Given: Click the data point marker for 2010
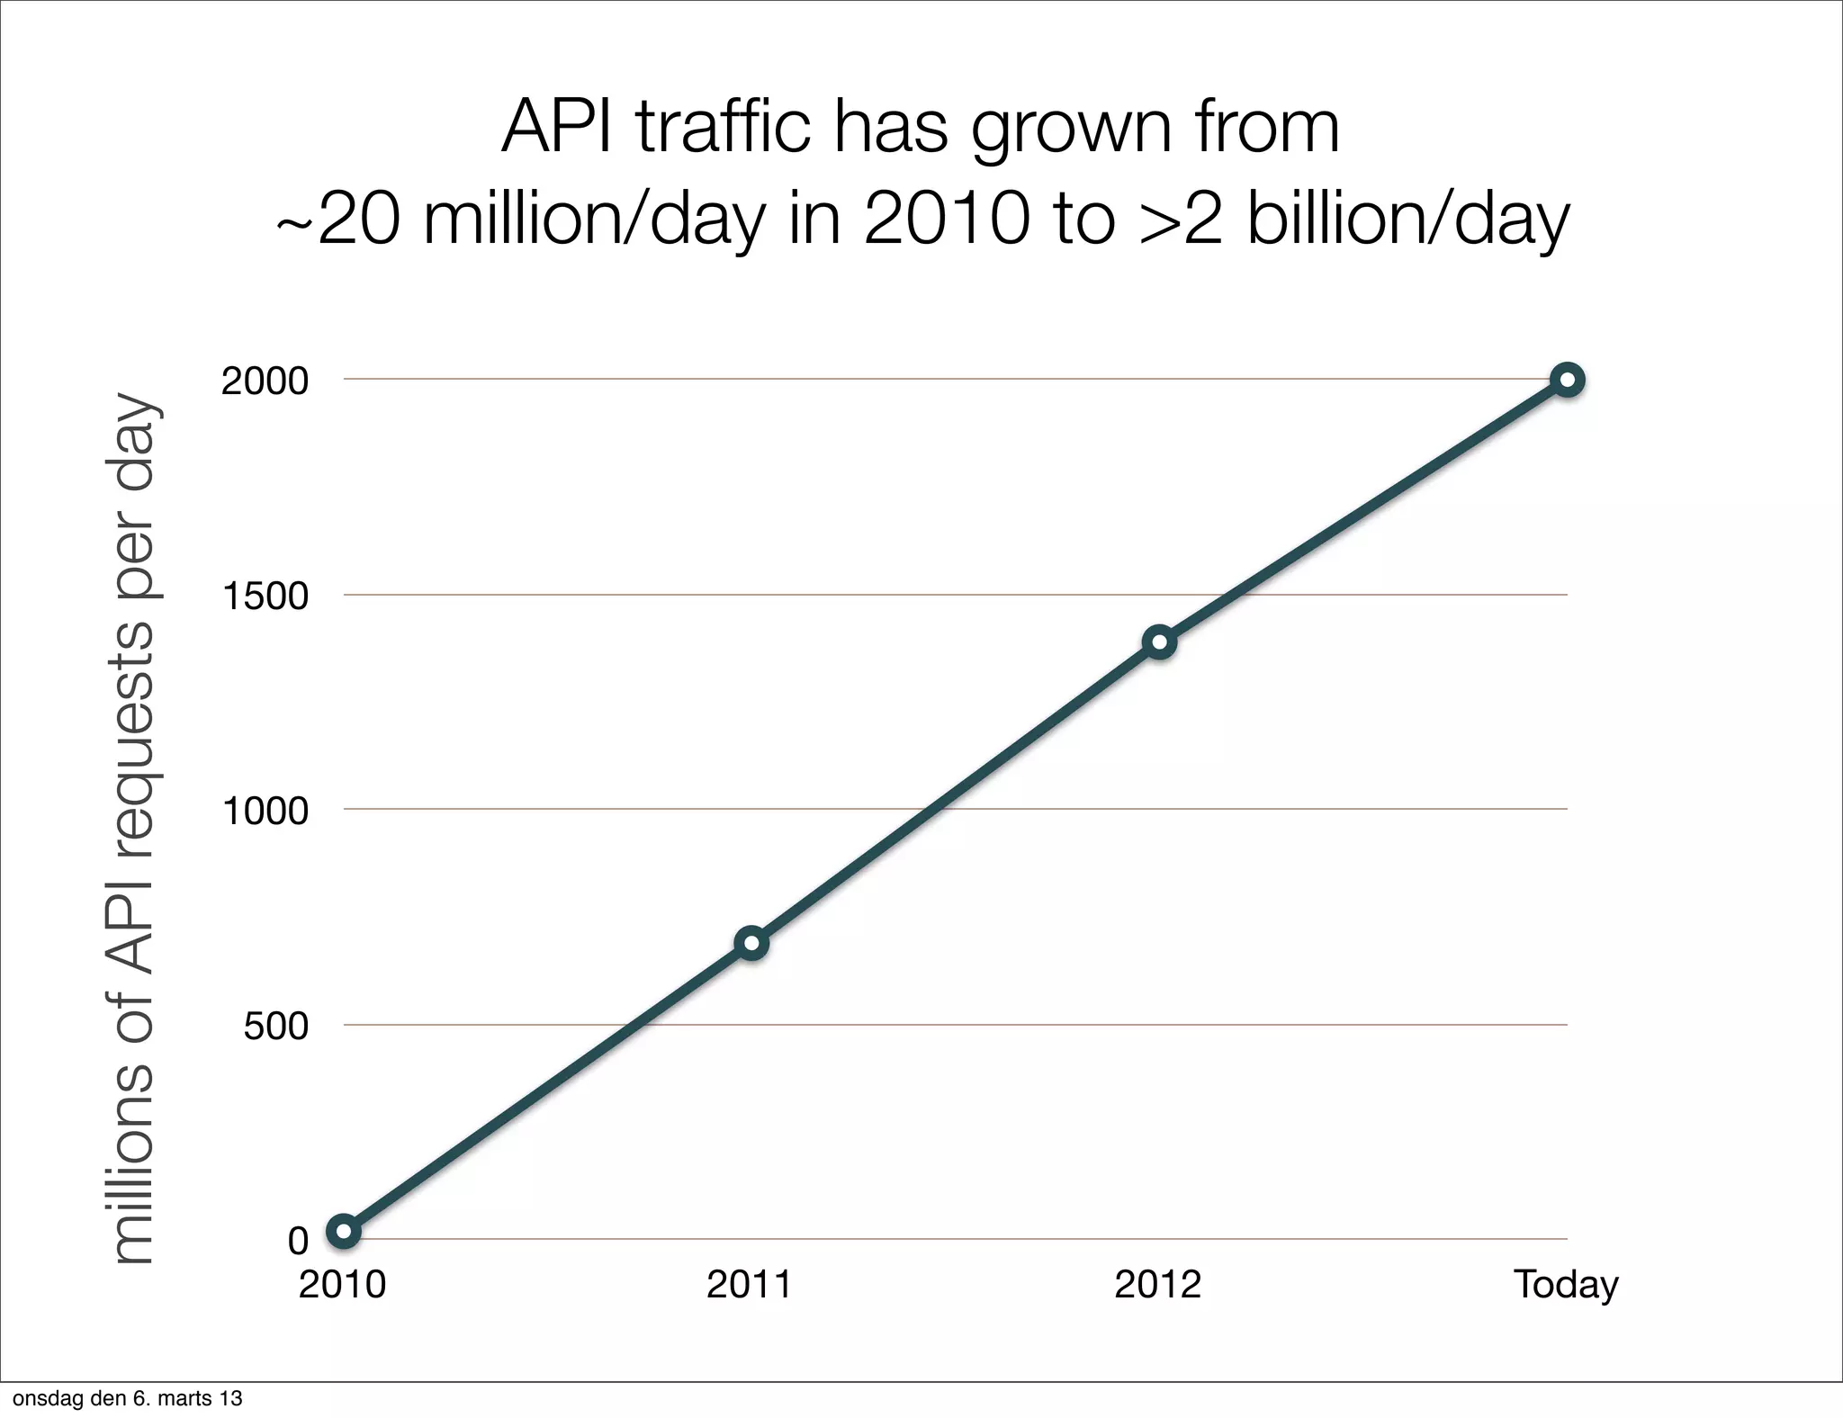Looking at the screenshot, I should (344, 1231).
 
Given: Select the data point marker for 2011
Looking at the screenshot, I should (751, 943).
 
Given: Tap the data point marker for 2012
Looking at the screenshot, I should (1159, 642).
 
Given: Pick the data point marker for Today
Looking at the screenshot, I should (1567, 380).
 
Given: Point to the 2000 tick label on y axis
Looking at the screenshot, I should (265, 381).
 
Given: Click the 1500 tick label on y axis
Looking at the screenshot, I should (265, 597).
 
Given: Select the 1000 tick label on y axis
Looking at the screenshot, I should (265, 812).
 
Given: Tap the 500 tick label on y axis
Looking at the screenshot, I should (275, 1026).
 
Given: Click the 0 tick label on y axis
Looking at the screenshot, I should (298, 1242).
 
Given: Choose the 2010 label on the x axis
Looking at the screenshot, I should (342, 1285).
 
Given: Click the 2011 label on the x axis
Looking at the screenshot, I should (750, 1285).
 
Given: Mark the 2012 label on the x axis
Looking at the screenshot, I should (1157, 1285).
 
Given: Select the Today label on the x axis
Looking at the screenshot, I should (1566, 1285).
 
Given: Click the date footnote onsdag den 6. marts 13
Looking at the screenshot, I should (127, 1399).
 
